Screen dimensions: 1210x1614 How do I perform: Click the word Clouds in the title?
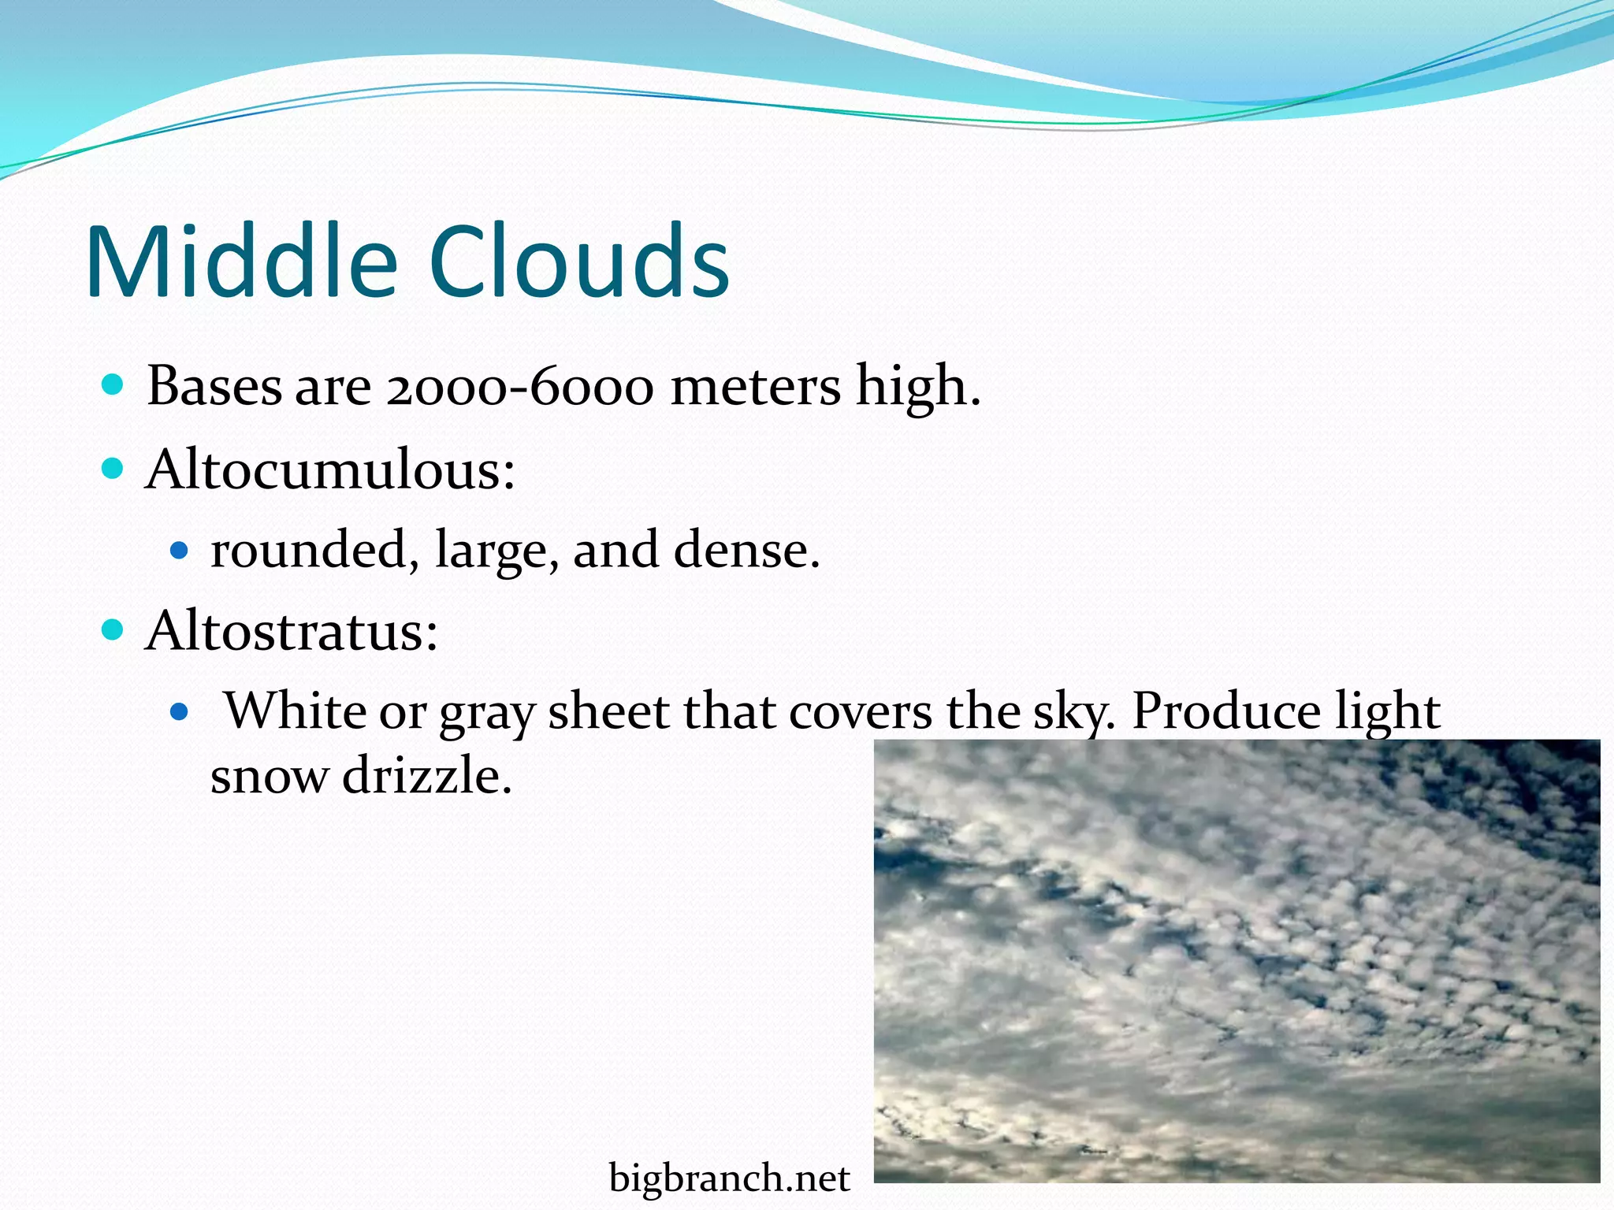click(x=579, y=262)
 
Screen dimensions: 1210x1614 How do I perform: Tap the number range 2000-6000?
click(x=520, y=388)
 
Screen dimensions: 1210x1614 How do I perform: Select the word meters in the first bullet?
click(x=755, y=388)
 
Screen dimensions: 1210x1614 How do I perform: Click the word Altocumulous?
click(x=329, y=470)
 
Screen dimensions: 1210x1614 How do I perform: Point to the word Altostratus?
click(x=292, y=631)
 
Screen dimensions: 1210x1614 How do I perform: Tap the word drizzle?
click(x=426, y=776)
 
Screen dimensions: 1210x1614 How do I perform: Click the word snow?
click(x=269, y=776)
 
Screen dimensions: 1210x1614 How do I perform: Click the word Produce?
click(x=1225, y=712)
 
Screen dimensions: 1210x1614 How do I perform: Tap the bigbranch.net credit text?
click(x=729, y=1178)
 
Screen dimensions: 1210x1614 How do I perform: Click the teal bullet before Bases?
click(x=113, y=385)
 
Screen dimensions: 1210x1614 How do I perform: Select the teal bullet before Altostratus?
click(x=113, y=630)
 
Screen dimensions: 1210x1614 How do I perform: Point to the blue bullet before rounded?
click(x=180, y=550)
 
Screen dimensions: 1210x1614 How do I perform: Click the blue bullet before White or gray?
click(x=180, y=712)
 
